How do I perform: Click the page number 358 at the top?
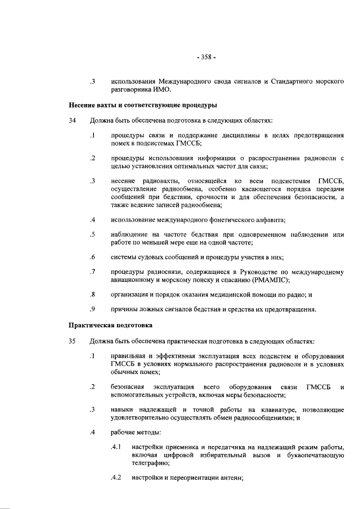click(x=206, y=57)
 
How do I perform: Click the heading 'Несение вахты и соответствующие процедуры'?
click(x=143, y=105)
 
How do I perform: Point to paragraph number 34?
click(x=73, y=121)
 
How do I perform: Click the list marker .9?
click(x=92, y=309)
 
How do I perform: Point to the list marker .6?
click(x=92, y=257)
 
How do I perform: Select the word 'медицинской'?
click(x=222, y=294)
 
